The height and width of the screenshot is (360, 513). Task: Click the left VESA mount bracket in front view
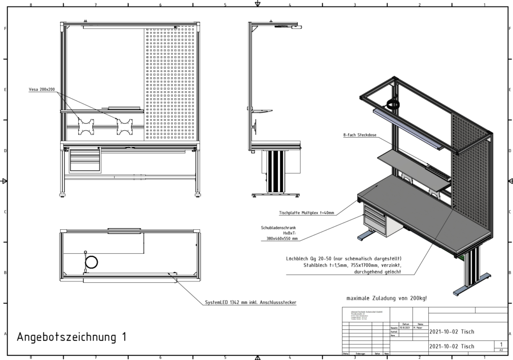point(86,126)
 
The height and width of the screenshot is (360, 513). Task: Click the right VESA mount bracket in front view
point(124,126)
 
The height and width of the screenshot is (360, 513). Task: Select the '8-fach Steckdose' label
point(360,135)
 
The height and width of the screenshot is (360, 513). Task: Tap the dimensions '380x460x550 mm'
point(279,238)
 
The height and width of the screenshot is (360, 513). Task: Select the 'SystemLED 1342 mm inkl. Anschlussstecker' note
point(251,302)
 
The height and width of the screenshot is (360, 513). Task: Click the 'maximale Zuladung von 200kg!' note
point(386,298)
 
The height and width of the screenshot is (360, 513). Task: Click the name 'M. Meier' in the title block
point(422,328)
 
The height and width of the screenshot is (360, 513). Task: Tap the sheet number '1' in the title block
point(500,344)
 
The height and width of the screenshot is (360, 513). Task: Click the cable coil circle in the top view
point(92,262)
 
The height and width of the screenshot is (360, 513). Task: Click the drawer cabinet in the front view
point(86,160)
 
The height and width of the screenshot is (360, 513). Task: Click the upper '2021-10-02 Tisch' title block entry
point(452,331)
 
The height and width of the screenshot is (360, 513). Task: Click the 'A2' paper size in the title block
point(500,349)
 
